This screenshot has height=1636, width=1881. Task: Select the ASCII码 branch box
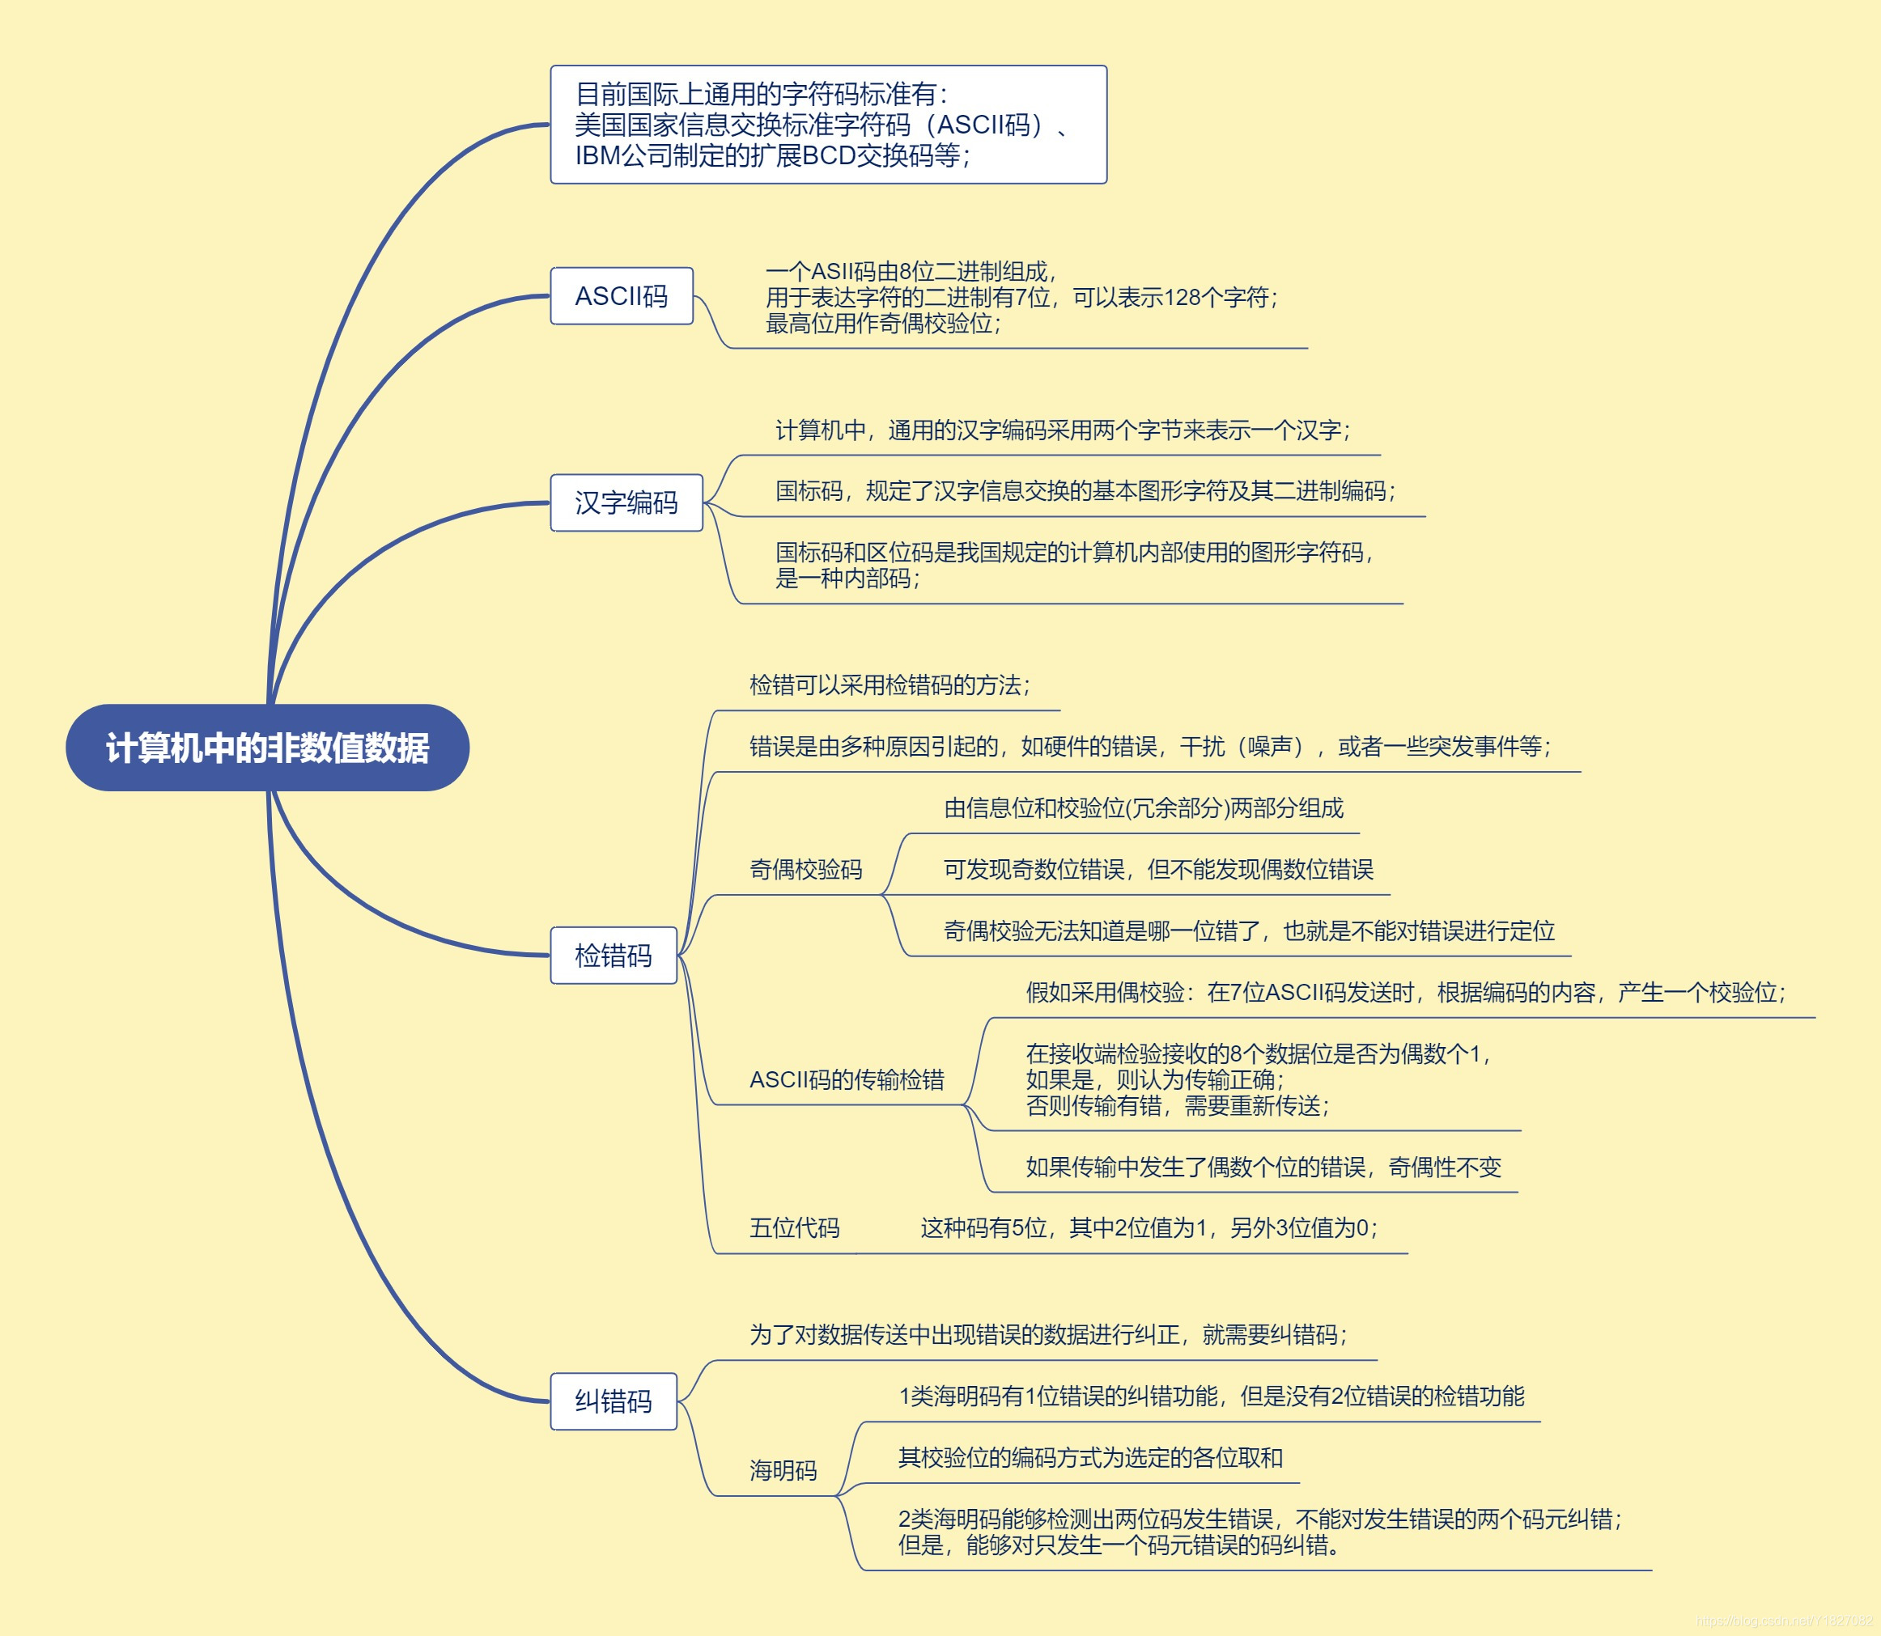point(621,296)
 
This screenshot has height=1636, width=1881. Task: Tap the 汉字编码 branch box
point(626,502)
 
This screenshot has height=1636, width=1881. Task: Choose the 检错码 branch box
point(613,955)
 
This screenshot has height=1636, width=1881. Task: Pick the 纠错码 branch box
point(613,1401)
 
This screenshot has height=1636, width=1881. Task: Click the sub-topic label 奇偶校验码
point(805,869)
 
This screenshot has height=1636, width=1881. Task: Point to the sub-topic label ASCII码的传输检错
point(847,1080)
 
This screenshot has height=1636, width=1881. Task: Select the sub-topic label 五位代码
point(794,1228)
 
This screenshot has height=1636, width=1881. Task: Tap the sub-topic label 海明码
point(783,1470)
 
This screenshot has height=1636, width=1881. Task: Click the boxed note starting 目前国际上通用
point(827,125)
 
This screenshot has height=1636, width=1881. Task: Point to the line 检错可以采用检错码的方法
point(890,684)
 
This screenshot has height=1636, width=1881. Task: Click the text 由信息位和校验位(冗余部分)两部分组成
point(1143,808)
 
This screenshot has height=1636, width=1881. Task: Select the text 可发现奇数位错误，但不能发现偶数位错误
point(1158,869)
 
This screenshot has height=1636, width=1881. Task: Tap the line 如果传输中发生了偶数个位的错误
point(1263,1167)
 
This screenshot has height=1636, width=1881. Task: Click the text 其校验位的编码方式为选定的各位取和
point(1090,1457)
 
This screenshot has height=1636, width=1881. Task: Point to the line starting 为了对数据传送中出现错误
point(1048,1335)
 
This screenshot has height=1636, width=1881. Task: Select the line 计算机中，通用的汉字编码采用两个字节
point(1062,430)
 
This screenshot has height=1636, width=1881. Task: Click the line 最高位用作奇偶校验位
point(882,323)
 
